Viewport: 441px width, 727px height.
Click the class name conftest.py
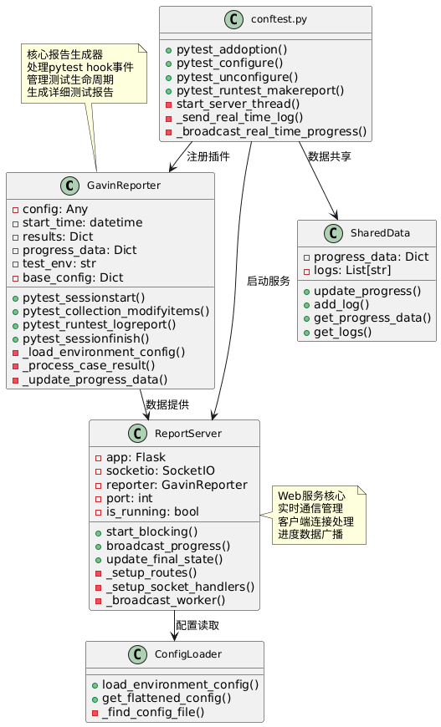click(x=279, y=19)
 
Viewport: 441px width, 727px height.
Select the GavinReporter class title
click(x=124, y=186)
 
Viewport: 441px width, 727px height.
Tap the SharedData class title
click(x=380, y=233)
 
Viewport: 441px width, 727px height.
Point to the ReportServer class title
click(x=188, y=434)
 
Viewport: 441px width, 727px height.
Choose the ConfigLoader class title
click(x=188, y=654)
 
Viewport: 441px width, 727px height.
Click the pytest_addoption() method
click(x=232, y=49)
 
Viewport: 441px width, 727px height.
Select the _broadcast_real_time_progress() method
click(x=271, y=132)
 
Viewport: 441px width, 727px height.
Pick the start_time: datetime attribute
click(x=83, y=222)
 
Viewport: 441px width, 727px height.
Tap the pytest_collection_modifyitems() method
click(x=116, y=311)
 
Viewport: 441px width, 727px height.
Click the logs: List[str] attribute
click(x=352, y=270)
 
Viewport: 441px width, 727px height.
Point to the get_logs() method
click(x=342, y=332)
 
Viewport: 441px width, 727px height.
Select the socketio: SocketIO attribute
click(x=161, y=471)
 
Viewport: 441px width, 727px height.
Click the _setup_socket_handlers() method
click(x=180, y=587)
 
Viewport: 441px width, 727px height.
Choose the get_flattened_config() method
click(x=167, y=699)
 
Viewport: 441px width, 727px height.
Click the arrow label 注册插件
click(x=208, y=157)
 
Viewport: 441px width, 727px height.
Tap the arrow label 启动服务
click(x=269, y=281)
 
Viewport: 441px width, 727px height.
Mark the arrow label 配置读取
click(x=197, y=625)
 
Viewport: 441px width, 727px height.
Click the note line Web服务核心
click(x=311, y=496)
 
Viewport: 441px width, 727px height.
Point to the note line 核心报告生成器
click(x=65, y=54)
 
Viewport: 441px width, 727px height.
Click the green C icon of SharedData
click(x=333, y=233)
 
